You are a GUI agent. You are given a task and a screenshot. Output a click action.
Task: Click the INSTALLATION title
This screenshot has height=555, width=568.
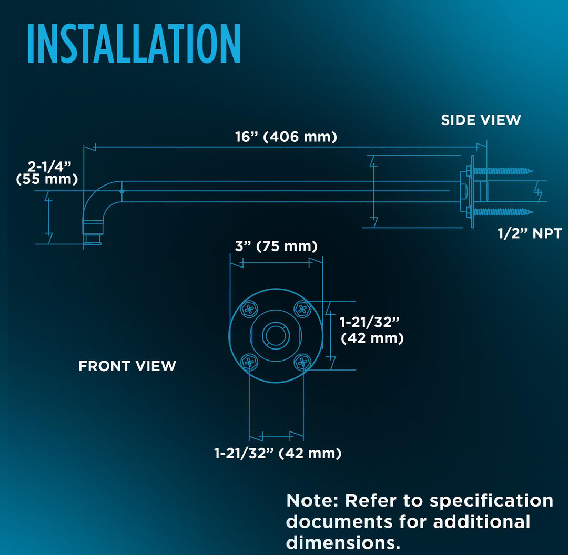pos(134,44)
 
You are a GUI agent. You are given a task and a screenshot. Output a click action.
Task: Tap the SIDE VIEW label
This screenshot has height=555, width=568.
pos(481,120)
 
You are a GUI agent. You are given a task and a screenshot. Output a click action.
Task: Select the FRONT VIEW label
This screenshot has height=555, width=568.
pos(127,366)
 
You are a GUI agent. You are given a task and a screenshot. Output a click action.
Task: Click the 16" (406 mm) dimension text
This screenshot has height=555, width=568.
pos(286,137)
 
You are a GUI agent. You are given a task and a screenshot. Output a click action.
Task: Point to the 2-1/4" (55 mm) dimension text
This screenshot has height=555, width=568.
pos(47,173)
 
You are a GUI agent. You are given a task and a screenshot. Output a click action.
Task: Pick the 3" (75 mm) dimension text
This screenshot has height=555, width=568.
pos(276,246)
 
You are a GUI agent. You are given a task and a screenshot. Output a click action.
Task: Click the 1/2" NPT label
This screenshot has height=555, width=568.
pos(530,233)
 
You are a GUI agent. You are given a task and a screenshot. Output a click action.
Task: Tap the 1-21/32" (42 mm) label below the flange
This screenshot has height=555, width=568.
pos(278,453)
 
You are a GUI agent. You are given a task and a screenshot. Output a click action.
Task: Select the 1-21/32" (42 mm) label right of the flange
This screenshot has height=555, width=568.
pos(372,330)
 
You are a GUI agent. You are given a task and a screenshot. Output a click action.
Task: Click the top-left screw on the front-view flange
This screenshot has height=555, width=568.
pos(249,309)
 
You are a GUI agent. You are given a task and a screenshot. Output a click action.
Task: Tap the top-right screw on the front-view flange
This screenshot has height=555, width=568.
pos(302,309)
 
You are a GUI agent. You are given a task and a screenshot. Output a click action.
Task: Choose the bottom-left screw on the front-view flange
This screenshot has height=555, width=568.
pos(249,362)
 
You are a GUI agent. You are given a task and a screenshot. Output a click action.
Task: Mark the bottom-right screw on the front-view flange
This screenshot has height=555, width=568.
pos(302,362)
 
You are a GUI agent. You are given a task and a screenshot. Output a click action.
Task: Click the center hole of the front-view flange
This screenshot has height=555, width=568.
pos(276,336)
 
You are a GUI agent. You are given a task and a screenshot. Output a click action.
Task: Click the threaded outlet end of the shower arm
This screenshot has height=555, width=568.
pos(93,239)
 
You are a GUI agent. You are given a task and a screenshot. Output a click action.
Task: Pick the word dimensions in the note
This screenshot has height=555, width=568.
pos(343,543)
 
